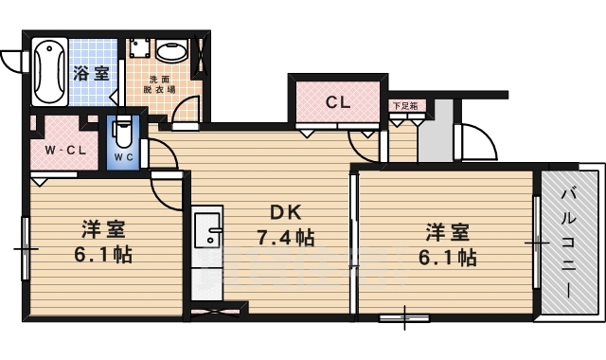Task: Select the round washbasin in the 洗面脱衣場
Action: pyautogui.click(x=171, y=52)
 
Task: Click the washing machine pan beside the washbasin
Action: pyautogui.click(x=140, y=53)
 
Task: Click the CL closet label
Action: pyautogui.click(x=338, y=102)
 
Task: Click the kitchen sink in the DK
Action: pyautogui.click(x=207, y=229)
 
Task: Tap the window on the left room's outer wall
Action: pyautogui.click(x=26, y=248)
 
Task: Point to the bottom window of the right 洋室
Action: pyautogui.click(x=404, y=317)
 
